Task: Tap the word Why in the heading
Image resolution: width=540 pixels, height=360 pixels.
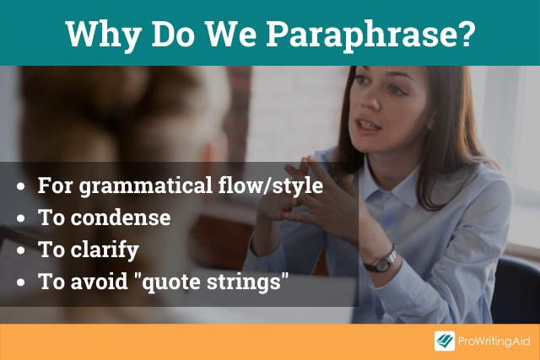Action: (103, 35)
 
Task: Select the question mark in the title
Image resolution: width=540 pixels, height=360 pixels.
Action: (467, 34)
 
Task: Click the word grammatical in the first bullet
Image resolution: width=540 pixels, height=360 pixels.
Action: (146, 186)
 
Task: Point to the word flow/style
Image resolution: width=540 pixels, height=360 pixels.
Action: (271, 185)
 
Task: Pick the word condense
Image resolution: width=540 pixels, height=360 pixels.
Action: (121, 218)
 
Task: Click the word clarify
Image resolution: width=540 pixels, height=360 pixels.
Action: (105, 250)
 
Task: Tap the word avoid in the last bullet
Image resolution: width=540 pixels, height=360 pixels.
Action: (100, 282)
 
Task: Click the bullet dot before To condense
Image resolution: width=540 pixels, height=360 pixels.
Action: (20, 218)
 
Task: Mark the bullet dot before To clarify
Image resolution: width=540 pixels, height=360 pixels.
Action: (20, 250)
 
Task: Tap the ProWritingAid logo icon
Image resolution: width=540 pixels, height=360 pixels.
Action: (445, 341)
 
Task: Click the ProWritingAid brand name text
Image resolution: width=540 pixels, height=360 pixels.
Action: (494, 341)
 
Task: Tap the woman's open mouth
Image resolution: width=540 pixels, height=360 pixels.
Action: (368, 125)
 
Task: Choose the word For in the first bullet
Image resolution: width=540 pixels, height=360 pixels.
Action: (56, 185)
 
